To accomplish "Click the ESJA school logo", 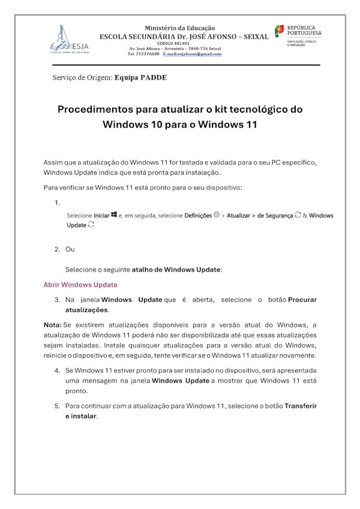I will pos(69,40).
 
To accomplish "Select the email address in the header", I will pos(192,54).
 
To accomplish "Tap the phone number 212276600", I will pos(148,54).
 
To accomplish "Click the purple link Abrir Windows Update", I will pos(80,285).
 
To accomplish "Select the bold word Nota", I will pos(52,325).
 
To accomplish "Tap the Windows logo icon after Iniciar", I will pos(113,215).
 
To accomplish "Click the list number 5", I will pos(58,406).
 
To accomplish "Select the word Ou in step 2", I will pos(70,249).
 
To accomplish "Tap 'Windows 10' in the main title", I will pos(134,125).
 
